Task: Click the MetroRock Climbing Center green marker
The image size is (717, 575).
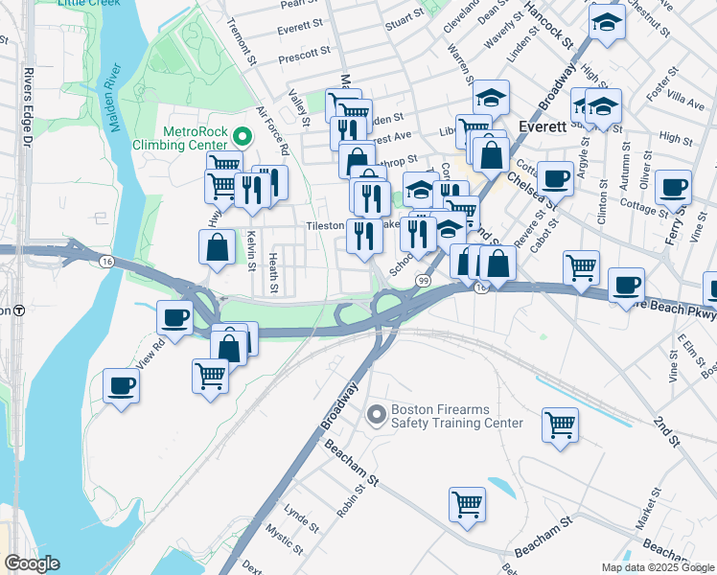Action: pos(241,137)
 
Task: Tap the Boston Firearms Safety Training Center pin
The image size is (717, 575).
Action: pos(376,415)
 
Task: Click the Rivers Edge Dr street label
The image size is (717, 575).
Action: pos(27,104)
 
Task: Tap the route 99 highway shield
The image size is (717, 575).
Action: pos(423,279)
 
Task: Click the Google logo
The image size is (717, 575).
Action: pos(32,563)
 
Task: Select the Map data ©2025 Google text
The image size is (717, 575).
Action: pos(657,567)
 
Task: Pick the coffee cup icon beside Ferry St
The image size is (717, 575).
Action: pos(674,186)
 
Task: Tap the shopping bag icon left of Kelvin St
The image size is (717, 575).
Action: pos(218,246)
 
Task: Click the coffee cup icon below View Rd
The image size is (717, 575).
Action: pos(122,386)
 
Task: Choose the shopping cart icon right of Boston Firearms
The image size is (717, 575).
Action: pos(560,423)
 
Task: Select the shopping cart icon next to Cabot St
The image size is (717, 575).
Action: pos(581,267)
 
